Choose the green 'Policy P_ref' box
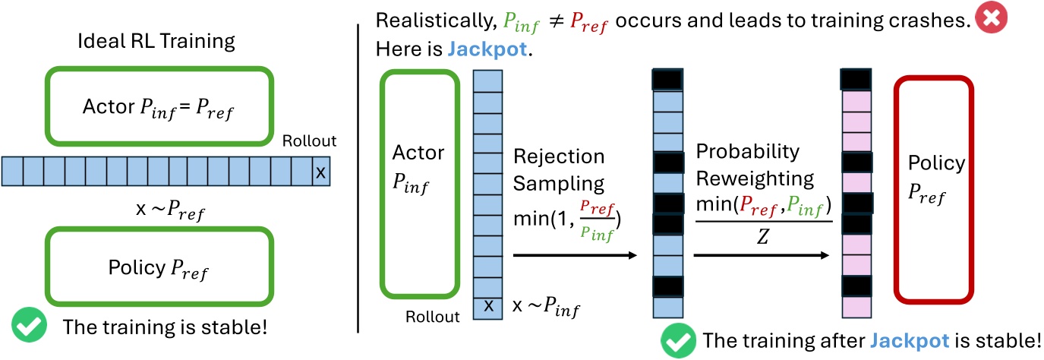(160, 267)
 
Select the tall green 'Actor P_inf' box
(419, 185)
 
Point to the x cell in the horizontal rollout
(320, 172)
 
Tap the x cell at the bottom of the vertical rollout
(489, 306)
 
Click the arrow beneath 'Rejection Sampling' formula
(575, 257)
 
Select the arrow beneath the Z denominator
(761, 257)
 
